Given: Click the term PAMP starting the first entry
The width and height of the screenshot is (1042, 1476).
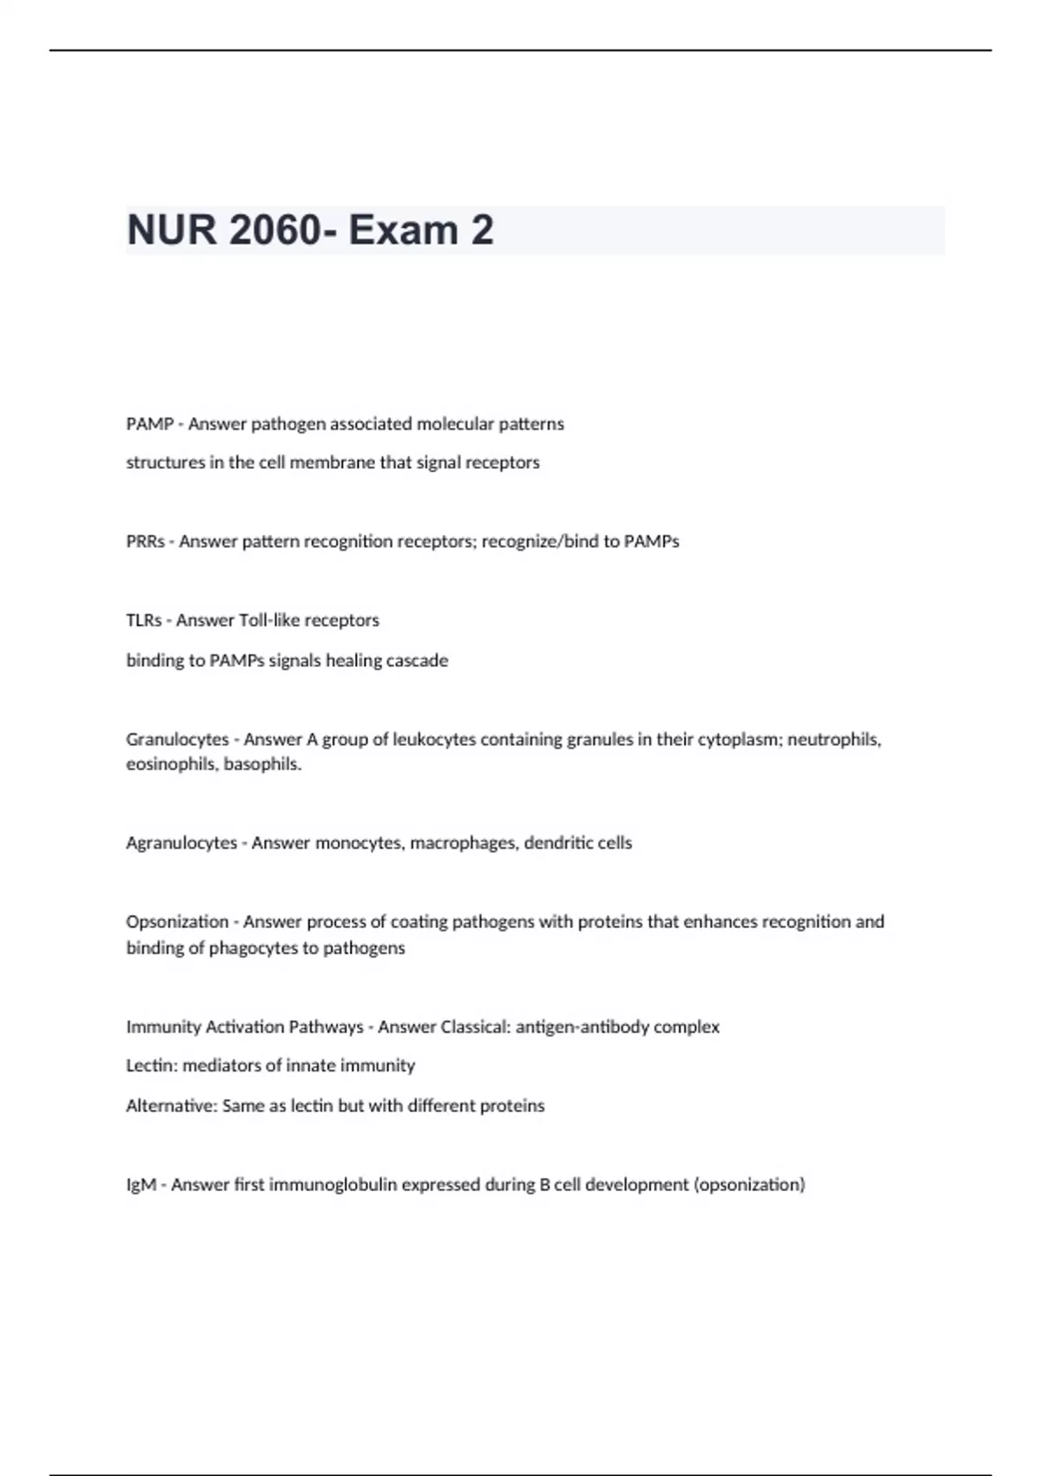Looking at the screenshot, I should click(149, 424).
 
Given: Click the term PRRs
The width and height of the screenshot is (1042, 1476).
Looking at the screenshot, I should click(145, 541).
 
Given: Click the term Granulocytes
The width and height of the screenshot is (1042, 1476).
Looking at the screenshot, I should click(177, 739).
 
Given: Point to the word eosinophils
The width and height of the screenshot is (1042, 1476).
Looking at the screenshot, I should click(171, 764).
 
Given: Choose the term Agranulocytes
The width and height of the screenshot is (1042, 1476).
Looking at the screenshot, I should click(181, 842).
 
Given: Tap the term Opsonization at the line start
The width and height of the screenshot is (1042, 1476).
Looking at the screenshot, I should click(177, 921).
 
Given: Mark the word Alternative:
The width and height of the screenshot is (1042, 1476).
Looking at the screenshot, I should click(171, 1105).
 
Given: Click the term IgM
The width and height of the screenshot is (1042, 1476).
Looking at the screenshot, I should click(142, 1184).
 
